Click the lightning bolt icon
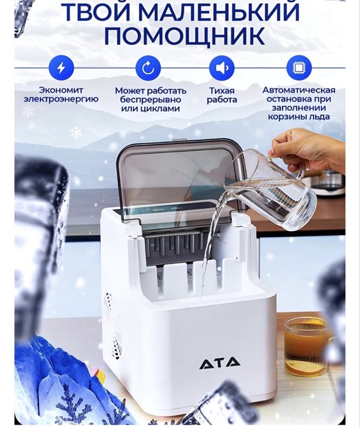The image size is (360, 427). click(x=60, y=68)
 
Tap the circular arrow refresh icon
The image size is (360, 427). click(x=148, y=68)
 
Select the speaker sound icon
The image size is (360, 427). click(x=221, y=68)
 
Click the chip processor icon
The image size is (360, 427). click(x=298, y=68)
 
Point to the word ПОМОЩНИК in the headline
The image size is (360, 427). click(x=184, y=36)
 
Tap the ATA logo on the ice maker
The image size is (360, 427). click(x=220, y=363)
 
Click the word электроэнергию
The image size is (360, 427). click(x=60, y=99)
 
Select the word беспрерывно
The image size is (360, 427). click(x=148, y=100)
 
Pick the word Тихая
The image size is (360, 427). click(x=221, y=90)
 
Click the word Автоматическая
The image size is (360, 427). click(x=298, y=90)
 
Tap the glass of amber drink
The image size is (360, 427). click(x=306, y=346)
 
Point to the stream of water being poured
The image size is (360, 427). click(x=211, y=244)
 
